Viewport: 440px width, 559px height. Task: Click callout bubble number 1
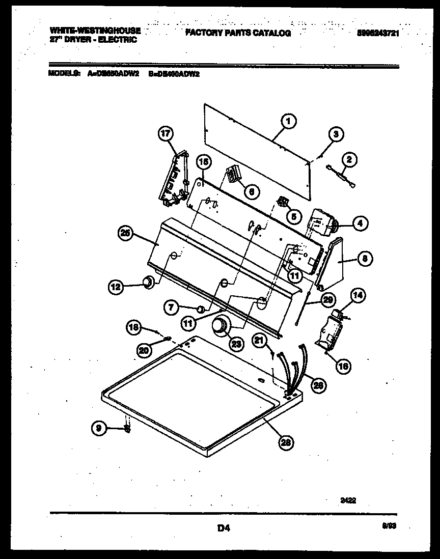[x=288, y=122]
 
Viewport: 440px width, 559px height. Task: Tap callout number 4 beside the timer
[x=360, y=222]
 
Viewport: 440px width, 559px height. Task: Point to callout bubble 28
[x=287, y=443]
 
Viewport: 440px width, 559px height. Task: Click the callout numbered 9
[x=99, y=429]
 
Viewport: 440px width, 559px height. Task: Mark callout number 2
[x=348, y=160]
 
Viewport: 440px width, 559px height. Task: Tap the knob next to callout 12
[x=147, y=283]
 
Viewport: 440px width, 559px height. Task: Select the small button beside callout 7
[x=201, y=308]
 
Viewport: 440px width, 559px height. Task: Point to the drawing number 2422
[x=348, y=500]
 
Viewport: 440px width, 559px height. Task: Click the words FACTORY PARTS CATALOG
[x=238, y=33]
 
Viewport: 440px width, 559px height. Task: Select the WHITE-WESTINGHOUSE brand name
[x=95, y=31]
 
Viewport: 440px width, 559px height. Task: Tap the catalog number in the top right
[x=377, y=33]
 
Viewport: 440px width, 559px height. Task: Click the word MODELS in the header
[x=64, y=73]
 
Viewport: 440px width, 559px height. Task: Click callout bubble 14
[x=359, y=294]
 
